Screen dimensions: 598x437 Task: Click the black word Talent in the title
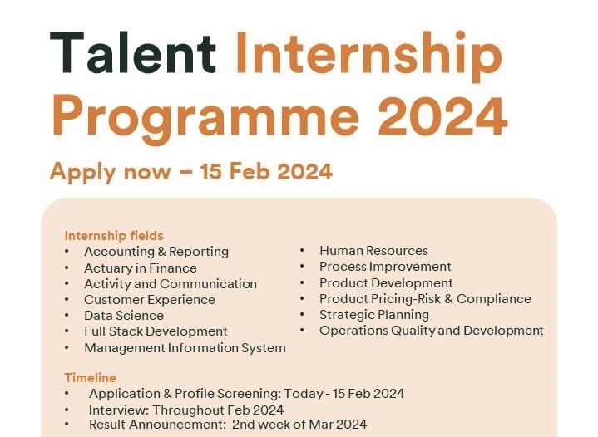pos(133,52)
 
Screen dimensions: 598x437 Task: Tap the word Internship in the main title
pos(368,56)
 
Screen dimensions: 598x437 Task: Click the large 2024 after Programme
pos(442,115)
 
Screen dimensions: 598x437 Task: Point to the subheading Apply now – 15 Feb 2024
pos(191,172)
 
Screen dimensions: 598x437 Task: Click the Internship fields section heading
pos(114,236)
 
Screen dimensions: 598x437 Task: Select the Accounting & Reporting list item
pos(156,252)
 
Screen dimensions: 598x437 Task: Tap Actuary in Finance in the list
pos(141,268)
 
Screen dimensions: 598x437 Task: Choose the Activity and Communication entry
pos(171,284)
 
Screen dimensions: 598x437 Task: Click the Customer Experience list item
pos(150,300)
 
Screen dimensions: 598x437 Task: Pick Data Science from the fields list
pos(124,316)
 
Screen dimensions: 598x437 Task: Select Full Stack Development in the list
pos(156,331)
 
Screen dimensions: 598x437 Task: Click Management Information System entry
pos(185,348)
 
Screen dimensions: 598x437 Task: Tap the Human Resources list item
pos(373,251)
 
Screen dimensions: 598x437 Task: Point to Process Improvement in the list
pos(385,267)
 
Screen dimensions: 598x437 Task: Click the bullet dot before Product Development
pos(302,283)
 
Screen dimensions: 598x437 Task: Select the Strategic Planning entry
pos(374,315)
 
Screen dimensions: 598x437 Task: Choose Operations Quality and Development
pos(432,331)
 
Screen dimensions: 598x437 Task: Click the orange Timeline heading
pos(90,378)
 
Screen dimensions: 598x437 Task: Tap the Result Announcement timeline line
pos(228,425)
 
